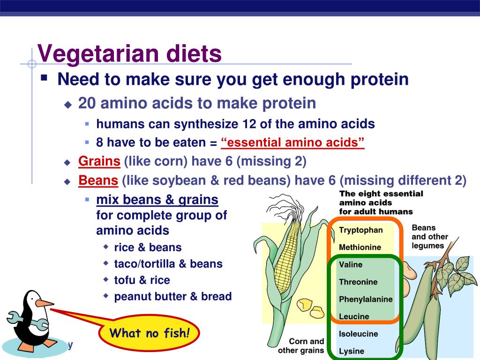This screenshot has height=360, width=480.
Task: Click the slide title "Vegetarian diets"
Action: (x=129, y=54)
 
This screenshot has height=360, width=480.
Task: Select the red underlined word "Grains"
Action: (x=99, y=161)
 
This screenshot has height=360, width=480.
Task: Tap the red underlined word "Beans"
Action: (x=98, y=180)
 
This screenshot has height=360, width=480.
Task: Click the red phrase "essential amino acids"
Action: (x=292, y=142)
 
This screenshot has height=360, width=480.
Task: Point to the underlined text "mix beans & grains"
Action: (x=157, y=200)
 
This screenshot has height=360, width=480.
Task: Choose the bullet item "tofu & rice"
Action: (x=142, y=280)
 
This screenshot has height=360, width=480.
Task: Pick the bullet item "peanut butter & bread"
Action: (x=173, y=296)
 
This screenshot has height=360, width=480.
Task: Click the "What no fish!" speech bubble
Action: (x=149, y=333)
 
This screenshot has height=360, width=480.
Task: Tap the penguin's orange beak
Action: (x=45, y=303)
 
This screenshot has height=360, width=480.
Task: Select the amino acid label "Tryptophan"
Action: (x=360, y=230)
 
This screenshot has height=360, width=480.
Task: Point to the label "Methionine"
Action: (x=360, y=247)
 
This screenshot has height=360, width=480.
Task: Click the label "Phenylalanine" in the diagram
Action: (x=366, y=300)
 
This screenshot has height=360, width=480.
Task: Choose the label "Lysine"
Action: (x=352, y=351)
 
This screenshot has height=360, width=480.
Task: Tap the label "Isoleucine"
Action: (x=359, y=334)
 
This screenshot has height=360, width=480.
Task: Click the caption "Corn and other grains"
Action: (x=301, y=346)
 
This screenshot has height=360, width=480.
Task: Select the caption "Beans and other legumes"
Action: (x=430, y=237)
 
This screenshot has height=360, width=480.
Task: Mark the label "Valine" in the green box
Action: (x=351, y=264)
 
